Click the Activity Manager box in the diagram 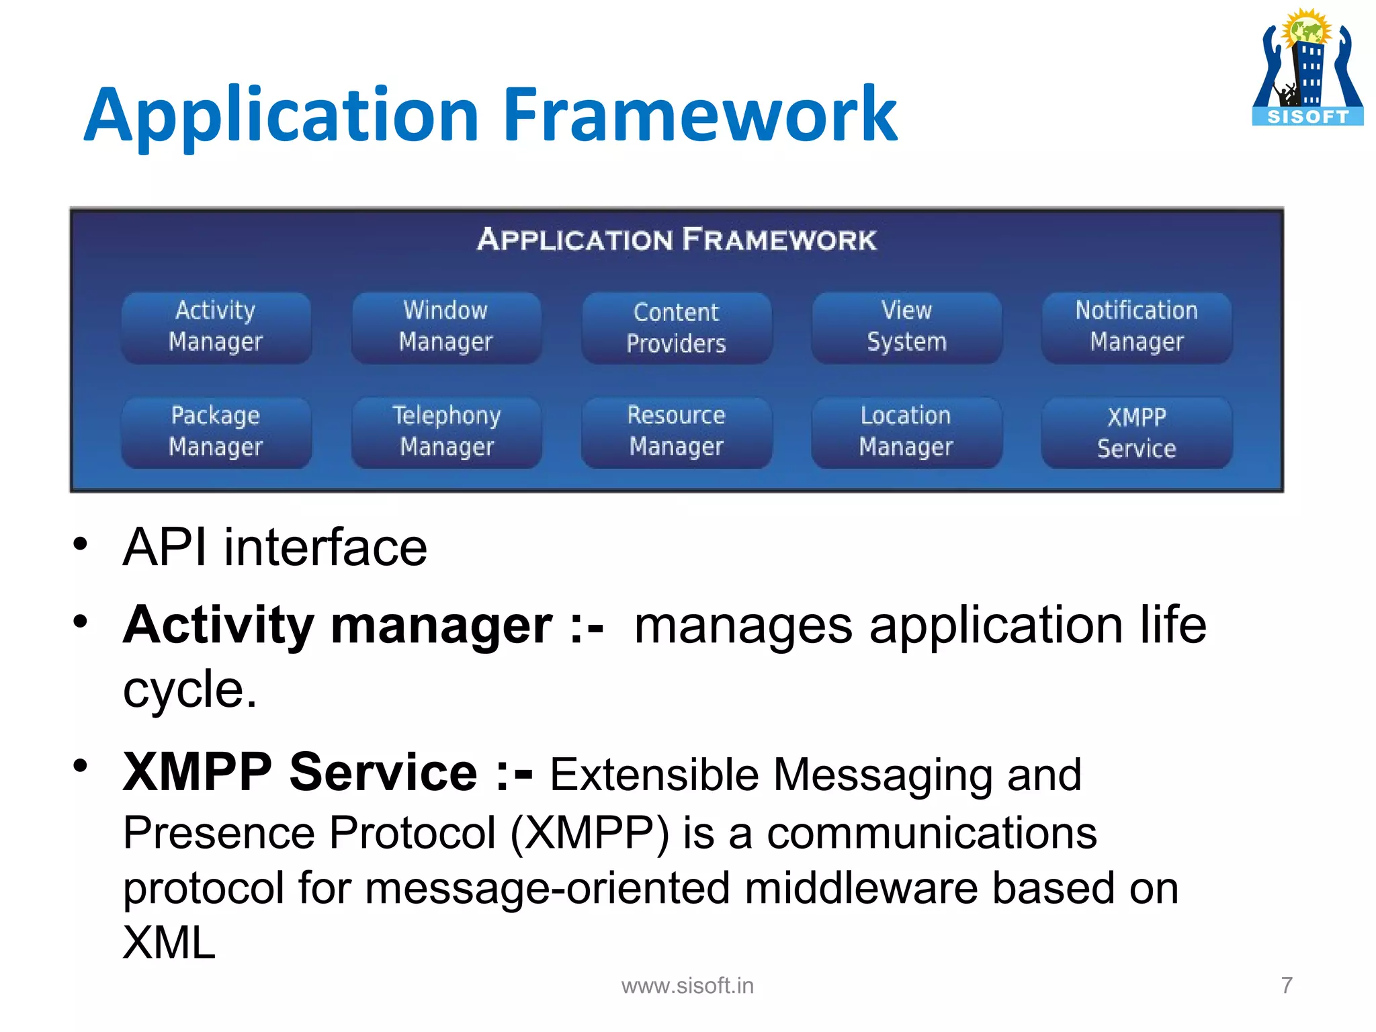[216, 327]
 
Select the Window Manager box [446, 327]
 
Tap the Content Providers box [676, 328]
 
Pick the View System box [906, 327]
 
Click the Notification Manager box [1136, 327]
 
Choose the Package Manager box [216, 432]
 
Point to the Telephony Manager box [446, 432]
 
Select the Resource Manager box [676, 432]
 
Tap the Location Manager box [906, 432]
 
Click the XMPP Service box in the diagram [1136, 433]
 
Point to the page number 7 [1286, 985]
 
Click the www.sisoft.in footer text [687, 986]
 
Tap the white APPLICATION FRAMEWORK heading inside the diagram [677, 240]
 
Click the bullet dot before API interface [81, 544]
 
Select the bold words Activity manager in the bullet [338, 625]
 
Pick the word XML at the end [169, 942]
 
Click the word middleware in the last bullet [861, 888]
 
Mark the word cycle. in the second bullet [189, 689]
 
